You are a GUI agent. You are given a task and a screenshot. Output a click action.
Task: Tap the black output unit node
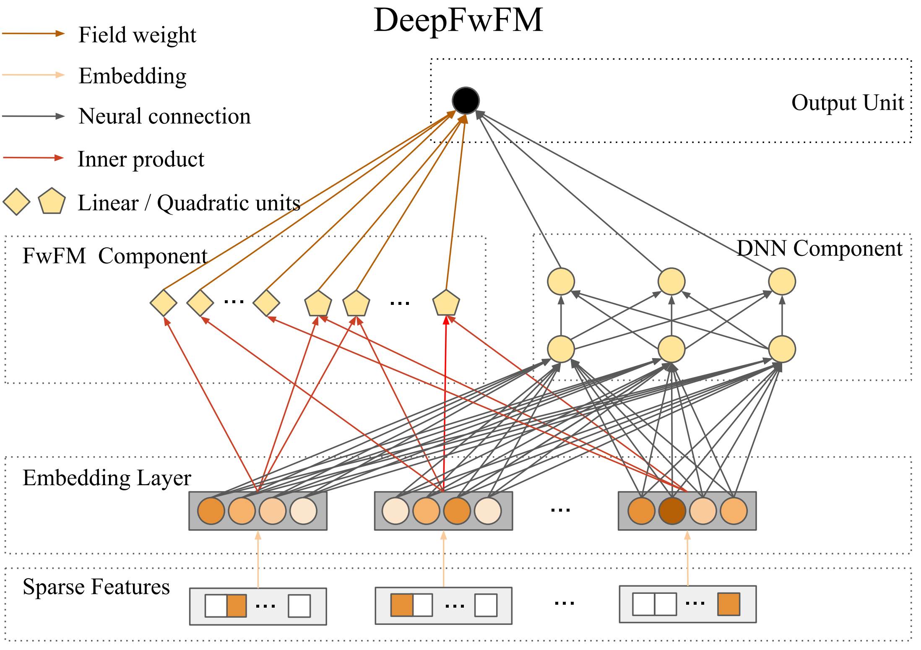click(466, 101)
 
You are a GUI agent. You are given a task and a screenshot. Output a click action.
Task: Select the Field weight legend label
click(137, 35)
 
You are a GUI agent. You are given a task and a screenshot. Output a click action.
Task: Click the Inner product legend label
click(141, 159)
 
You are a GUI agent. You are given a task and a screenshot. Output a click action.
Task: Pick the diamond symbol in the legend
click(16, 202)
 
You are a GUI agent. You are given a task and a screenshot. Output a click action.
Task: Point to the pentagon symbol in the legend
click(52, 201)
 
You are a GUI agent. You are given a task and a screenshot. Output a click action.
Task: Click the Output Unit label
click(847, 103)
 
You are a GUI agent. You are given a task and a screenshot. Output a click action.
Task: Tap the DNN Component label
click(819, 248)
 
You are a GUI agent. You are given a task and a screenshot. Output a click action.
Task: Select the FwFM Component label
click(115, 256)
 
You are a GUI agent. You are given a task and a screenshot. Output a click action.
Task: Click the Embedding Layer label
click(107, 478)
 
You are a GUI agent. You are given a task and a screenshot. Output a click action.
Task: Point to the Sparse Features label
click(96, 587)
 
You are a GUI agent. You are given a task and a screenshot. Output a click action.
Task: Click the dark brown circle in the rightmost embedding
click(672, 511)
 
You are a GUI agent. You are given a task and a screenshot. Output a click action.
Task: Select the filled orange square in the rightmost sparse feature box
click(728, 604)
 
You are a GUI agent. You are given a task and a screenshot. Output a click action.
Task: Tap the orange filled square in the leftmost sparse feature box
click(237, 606)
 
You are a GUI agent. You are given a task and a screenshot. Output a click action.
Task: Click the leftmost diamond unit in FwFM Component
click(163, 303)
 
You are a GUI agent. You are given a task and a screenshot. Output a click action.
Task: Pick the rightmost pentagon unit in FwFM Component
click(446, 303)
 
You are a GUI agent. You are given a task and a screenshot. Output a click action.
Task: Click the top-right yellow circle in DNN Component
click(782, 281)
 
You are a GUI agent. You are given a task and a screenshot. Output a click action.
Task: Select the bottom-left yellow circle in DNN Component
click(561, 349)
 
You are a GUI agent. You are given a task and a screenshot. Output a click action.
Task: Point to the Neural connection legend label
click(164, 117)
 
